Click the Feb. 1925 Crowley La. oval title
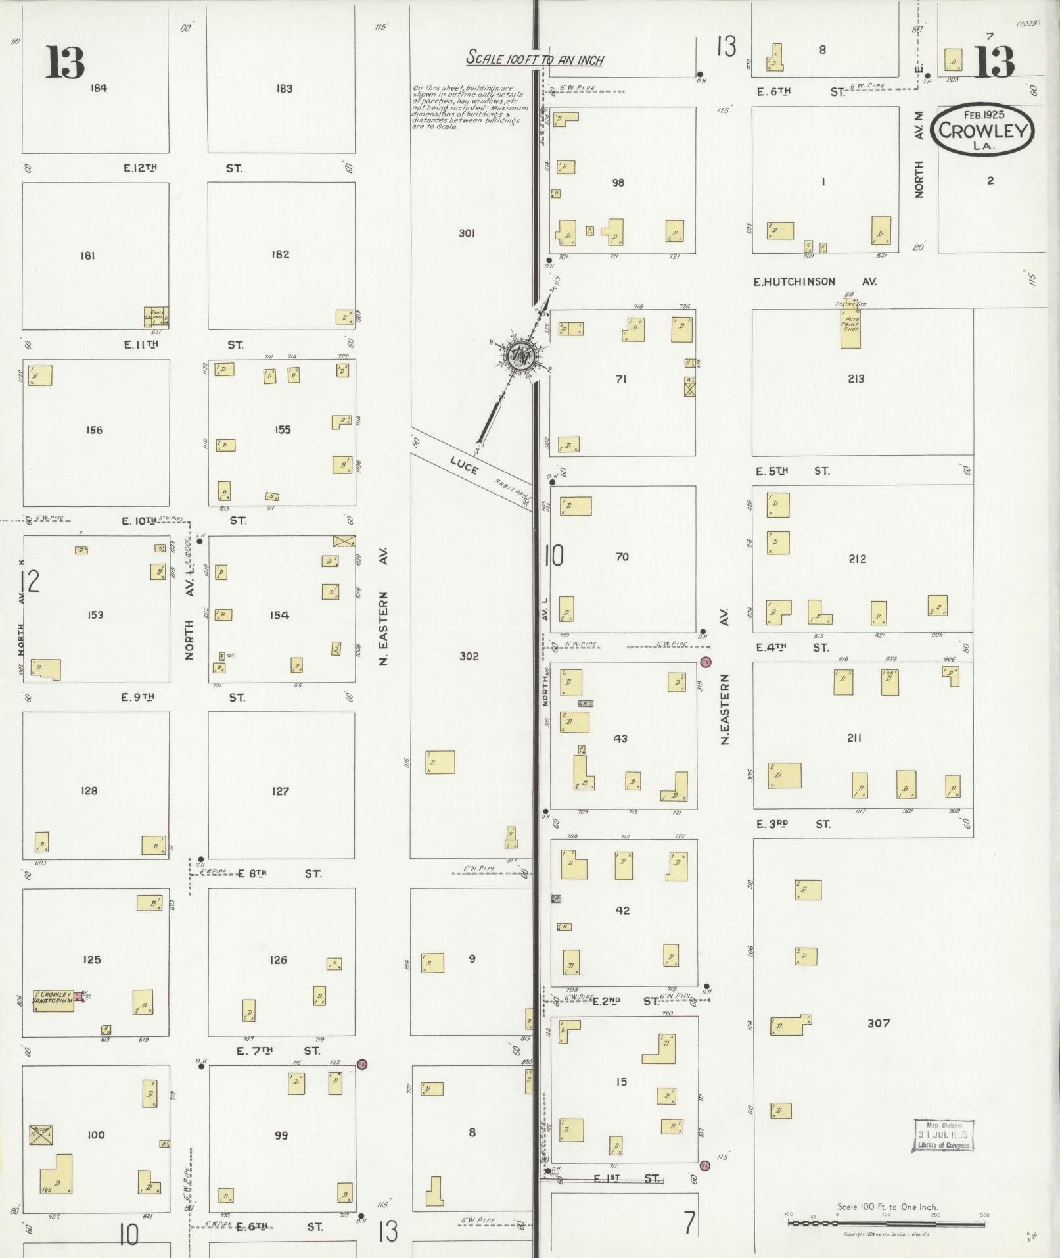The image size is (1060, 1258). tap(982, 130)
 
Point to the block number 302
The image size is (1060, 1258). tap(469, 656)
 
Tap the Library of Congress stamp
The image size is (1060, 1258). tap(943, 1136)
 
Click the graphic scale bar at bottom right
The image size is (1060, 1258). tap(887, 1223)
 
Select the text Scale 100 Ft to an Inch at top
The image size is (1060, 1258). tap(534, 59)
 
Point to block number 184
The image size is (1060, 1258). tap(99, 88)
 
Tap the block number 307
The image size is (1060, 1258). tap(878, 1023)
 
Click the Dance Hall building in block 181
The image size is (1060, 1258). tap(156, 318)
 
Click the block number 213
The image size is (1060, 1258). tap(856, 379)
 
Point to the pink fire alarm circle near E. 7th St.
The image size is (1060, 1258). tap(361, 1064)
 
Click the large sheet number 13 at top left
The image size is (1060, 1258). tap(65, 62)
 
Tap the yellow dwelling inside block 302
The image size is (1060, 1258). tap(440, 762)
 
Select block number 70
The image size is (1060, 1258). tap(622, 557)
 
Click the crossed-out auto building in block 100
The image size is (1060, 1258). tap(41, 1134)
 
